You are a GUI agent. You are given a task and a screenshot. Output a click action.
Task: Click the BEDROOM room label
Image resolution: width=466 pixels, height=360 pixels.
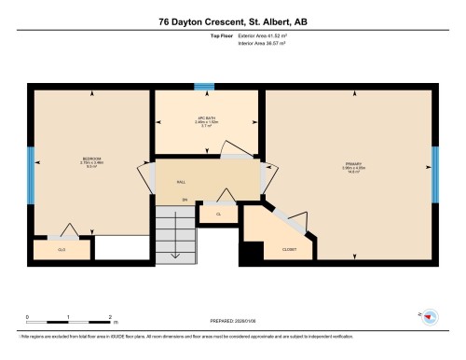pos(92,159)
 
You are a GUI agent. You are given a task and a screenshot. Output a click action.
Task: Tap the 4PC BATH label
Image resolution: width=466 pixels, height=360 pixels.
pos(207,118)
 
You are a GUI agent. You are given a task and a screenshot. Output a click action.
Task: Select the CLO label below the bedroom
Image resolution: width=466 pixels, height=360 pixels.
pos(62,250)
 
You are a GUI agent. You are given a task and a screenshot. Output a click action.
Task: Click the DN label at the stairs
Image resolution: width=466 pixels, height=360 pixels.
pos(185,200)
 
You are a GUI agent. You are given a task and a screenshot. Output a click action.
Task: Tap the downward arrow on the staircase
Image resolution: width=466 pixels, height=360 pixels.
pos(174,246)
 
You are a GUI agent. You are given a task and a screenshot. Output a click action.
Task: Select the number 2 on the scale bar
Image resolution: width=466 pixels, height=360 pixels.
pos(111,317)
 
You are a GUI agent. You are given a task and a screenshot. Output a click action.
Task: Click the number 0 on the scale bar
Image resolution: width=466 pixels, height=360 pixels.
pos(28,317)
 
